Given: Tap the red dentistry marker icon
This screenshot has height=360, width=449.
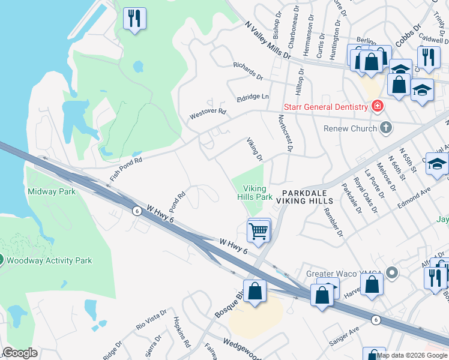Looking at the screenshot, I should (x=378, y=107).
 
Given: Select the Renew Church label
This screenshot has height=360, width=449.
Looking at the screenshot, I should (x=348, y=128).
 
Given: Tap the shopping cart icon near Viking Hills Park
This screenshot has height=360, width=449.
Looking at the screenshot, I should (x=258, y=230).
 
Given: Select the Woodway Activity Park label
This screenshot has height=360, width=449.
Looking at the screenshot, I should (x=50, y=260).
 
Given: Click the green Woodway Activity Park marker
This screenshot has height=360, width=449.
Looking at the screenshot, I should (x=1, y=260).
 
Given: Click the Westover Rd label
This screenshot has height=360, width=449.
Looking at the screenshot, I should (x=207, y=112).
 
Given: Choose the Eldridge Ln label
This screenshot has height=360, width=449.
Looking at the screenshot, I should (x=253, y=97).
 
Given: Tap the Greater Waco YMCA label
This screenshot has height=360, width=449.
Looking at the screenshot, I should (x=344, y=274).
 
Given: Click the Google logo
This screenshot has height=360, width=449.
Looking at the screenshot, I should (x=19, y=353).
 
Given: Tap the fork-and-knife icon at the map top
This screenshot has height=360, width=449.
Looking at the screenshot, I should (x=134, y=18).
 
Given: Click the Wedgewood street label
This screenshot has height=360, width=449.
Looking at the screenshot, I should (x=244, y=343).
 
